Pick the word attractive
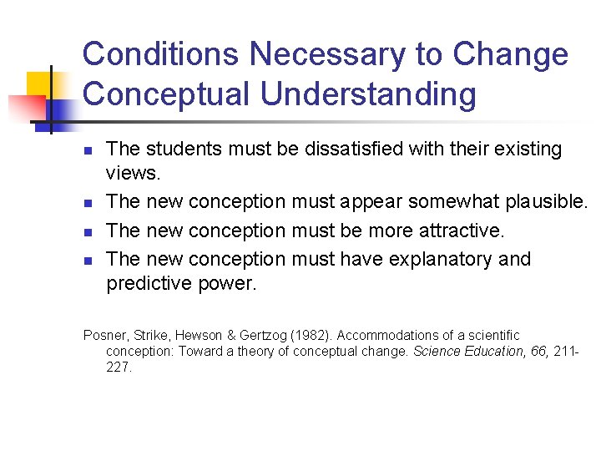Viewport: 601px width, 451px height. (454, 231)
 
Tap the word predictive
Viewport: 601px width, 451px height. (148, 284)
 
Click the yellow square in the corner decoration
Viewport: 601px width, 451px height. (39, 86)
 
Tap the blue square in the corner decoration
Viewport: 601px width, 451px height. (60, 109)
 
